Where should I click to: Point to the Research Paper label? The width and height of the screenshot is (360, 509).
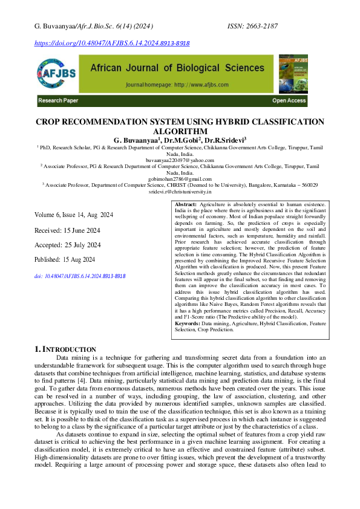tap(58, 100)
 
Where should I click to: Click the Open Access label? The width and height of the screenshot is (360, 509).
tap(289, 100)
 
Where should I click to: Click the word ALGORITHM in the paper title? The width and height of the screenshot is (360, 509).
tap(180, 131)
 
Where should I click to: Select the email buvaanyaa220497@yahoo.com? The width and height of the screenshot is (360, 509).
tap(180, 159)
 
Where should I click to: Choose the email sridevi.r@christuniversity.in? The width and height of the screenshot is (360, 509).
tap(180, 191)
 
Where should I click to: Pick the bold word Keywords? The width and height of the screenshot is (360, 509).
tap(188, 325)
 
